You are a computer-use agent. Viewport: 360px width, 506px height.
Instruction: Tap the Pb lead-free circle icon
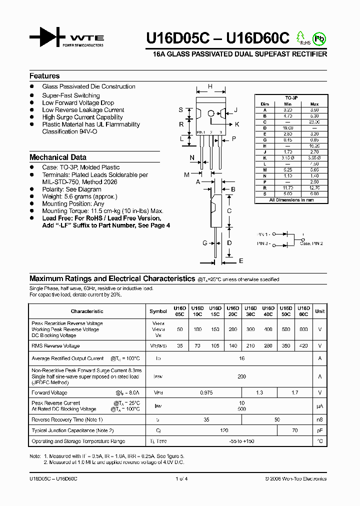point(318,38)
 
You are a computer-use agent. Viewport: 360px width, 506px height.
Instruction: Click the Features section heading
point(44,76)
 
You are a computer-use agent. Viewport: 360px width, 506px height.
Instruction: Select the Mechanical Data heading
point(57,157)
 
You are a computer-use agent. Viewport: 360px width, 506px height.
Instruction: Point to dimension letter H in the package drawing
point(210,86)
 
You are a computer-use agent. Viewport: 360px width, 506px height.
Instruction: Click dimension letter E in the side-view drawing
point(241,261)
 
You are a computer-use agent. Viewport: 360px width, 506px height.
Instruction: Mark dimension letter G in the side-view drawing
point(205,243)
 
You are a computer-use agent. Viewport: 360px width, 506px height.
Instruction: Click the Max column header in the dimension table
point(314,104)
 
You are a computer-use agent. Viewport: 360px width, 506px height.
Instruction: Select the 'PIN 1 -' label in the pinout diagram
point(263,234)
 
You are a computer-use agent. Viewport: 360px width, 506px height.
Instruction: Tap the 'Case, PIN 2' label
point(311,243)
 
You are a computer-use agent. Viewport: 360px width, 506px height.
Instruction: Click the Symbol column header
point(158,311)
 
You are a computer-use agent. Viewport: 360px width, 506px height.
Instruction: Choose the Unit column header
point(320,311)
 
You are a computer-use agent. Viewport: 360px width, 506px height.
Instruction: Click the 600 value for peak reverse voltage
point(303,329)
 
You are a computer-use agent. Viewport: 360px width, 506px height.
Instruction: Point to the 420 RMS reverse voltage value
point(303,345)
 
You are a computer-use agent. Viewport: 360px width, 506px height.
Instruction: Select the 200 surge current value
point(242,376)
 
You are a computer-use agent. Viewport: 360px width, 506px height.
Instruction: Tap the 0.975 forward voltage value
point(206,393)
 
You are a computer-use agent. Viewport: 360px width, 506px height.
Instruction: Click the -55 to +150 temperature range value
point(242,441)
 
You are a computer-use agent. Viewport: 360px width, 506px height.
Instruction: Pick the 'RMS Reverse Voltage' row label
point(55,345)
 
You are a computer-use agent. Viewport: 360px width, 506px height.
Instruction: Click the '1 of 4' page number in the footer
point(180,479)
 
